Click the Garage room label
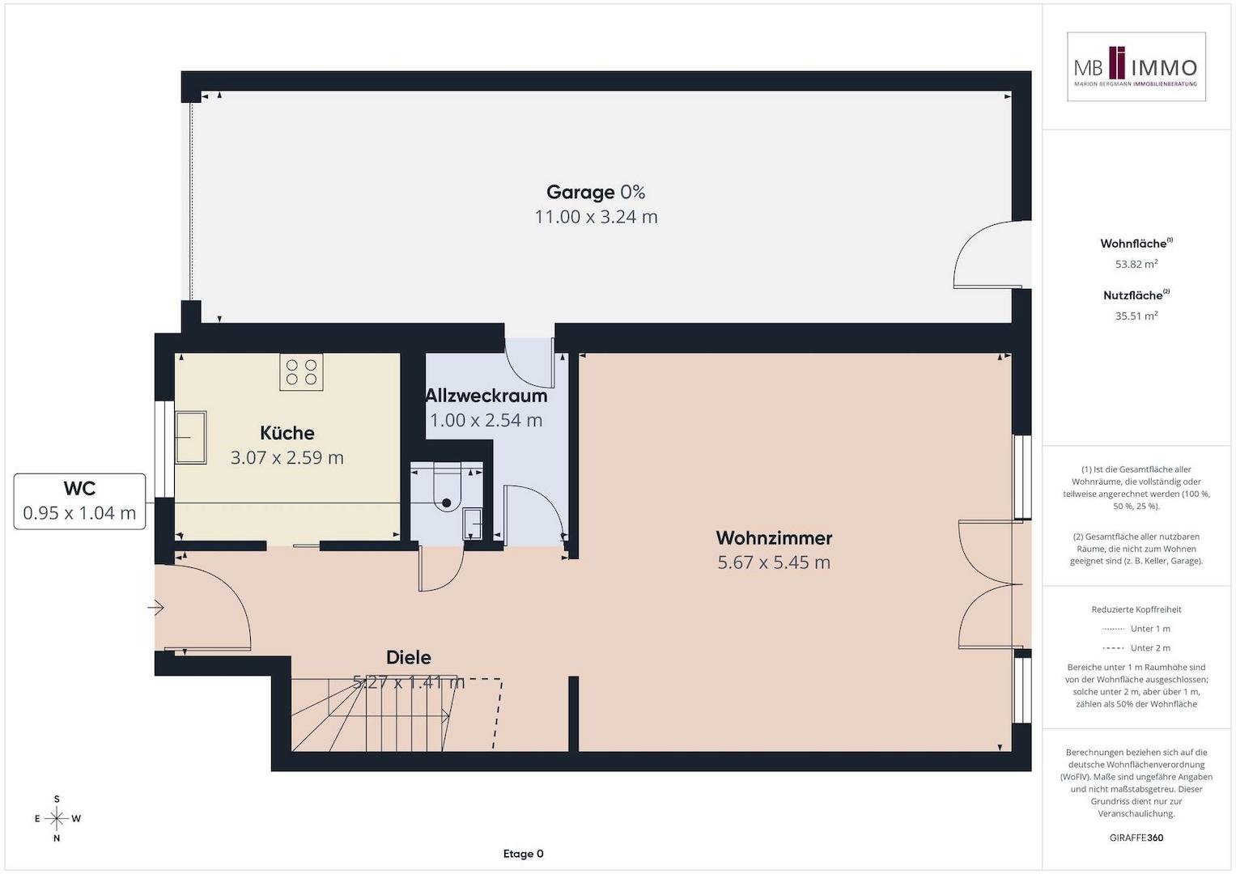(x=580, y=192)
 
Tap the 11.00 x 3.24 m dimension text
(x=596, y=217)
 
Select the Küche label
(x=287, y=433)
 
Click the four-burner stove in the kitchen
(x=301, y=372)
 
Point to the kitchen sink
(x=190, y=438)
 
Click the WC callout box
(x=79, y=501)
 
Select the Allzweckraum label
(x=486, y=396)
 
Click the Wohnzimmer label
(x=774, y=537)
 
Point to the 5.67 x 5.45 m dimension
(x=774, y=562)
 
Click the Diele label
(x=408, y=657)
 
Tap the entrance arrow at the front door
(x=155, y=608)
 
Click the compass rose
(x=57, y=818)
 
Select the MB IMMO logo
(x=1136, y=66)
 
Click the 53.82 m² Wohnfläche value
(x=1136, y=265)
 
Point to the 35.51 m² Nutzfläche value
(x=1136, y=316)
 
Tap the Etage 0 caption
(x=523, y=854)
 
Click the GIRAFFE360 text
(x=1136, y=838)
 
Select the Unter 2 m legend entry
(x=1136, y=647)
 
